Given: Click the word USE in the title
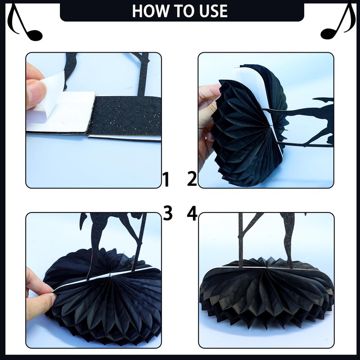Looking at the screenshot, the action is tap(213, 11).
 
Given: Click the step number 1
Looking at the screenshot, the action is tap(166, 180).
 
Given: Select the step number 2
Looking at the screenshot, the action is tap(192, 178).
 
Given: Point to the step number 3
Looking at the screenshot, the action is tap(167, 213).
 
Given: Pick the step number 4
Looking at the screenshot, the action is tap(192, 213).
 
